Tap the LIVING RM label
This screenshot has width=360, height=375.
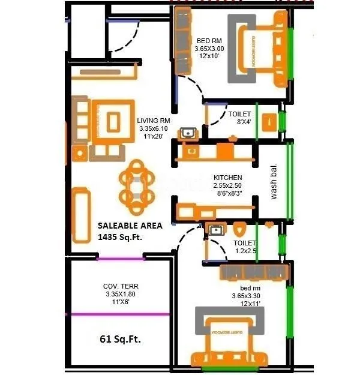tap(154, 120)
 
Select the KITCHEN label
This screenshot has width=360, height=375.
tap(228, 178)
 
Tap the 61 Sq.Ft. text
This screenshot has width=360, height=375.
tap(123, 340)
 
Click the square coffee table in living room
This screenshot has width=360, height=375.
tap(113, 123)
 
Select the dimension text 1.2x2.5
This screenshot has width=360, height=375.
tap(245, 251)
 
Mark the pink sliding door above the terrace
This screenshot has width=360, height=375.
tap(122, 259)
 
